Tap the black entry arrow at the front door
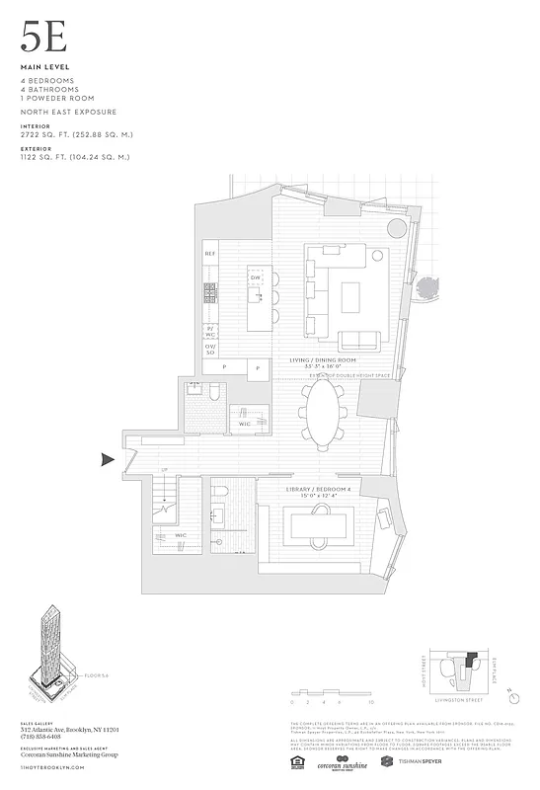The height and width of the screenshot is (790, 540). pyautogui.click(x=108, y=458)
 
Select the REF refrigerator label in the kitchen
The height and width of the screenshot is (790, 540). pyautogui.click(x=209, y=254)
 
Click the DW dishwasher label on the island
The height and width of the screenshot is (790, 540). pyautogui.click(x=255, y=278)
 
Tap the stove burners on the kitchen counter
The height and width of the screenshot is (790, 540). pyautogui.click(x=209, y=292)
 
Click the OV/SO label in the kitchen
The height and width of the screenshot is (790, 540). pyautogui.click(x=209, y=349)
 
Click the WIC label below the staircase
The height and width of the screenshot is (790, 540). pyautogui.click(x=181, y=536)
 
